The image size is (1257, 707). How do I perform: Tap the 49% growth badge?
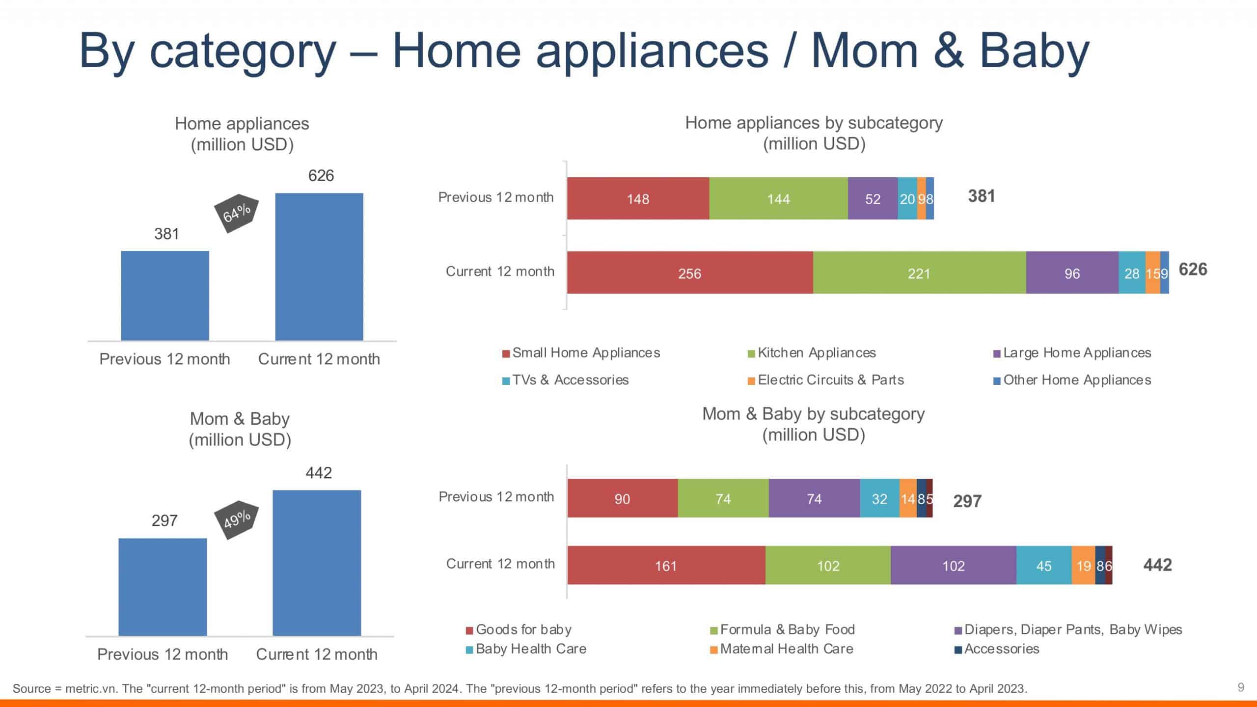(x=237, y=519)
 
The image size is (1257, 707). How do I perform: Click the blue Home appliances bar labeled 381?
(x=165, y=296)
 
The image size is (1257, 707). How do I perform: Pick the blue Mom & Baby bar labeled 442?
(x=317, y=563)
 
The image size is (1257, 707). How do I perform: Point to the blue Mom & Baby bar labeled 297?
(x=163, y=587)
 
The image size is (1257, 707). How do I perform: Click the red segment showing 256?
(x=690, y=273)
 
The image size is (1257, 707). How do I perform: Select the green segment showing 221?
(x=919, y=273)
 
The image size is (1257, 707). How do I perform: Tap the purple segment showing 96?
(x=1072, y=273)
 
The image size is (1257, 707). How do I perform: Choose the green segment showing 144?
(x=778, y=198)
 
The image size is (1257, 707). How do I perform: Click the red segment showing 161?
(x=666, y=565)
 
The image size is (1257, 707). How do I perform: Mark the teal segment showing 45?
(x=1044, y=565)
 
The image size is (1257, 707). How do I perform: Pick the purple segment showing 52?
(x=873, y=198)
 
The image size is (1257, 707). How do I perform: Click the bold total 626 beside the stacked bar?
(x=1193, y=270)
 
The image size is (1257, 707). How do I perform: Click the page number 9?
(x=1241, y=687)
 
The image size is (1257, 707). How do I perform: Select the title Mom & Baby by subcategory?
(x=813, y=414)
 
